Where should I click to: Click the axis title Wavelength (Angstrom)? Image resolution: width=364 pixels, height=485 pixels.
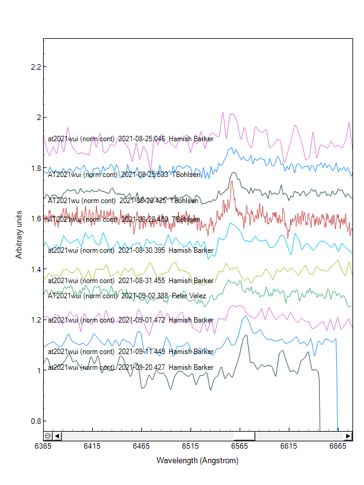197,461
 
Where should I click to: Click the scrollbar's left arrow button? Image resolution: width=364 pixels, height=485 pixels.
57,435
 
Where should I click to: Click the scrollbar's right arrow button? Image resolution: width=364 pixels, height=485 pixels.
348,435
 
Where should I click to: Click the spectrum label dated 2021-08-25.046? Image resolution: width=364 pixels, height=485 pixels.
130,139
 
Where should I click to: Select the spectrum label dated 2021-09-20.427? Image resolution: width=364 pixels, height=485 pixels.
130,367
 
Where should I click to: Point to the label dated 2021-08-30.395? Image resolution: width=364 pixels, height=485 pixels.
130,250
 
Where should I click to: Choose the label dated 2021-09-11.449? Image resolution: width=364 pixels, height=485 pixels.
130,352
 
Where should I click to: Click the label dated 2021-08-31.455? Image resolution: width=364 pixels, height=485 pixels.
130,281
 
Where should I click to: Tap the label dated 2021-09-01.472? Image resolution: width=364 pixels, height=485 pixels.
130,319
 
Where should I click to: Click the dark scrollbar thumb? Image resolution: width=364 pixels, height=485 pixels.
244,435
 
